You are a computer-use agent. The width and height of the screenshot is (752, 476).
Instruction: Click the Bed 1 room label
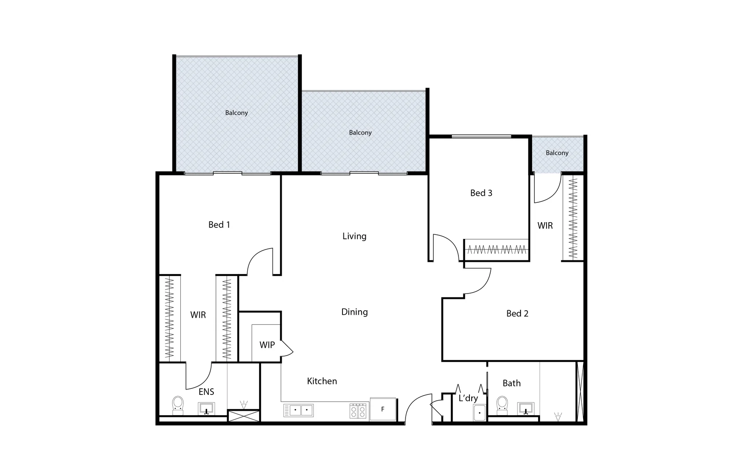pyautogui.click(x=219, y=225)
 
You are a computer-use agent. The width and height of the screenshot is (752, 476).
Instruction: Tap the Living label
pyautogui.click(x=354, y=236)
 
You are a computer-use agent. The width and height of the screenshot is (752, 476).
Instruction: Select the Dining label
pyautogui.click(x=354, y=312)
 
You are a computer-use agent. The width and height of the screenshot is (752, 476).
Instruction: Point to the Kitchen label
pyautogui.click(x=322, y=381)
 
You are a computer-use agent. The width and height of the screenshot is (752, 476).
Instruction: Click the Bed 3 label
pyautogui.click(x=481, y=193)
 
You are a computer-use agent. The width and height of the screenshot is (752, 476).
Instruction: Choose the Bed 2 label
pyautogui.click(x=517, y=314)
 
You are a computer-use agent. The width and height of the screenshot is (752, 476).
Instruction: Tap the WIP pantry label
pyautogui.click(x=267, y=345)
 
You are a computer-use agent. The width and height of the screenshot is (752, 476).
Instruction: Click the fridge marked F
pyautogui.click(x=383, y=409)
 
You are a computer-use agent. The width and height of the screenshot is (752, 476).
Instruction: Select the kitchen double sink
pyautogui.click(x=298, y=410)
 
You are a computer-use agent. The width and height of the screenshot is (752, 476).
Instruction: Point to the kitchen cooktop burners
pyautogui.click(x=358, y=411)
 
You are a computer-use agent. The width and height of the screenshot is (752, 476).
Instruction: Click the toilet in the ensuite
pyautogui.click(x=178, y=405)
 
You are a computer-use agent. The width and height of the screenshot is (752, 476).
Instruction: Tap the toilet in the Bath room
pyautogui.click(x=502, y=405)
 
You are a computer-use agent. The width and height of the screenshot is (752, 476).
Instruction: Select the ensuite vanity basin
pyautogui.click(x=206, y=408)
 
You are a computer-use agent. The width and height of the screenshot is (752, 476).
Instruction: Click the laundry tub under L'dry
pyautogui.click(x=479, y=413)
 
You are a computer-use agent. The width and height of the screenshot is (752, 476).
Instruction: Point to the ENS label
pyautogui.click(x=206, y=392)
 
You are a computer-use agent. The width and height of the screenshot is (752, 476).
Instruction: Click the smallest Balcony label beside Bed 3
pyautogui.click(x=557, y=153)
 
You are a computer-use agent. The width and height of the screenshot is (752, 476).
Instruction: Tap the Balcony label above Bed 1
pyautogui.click(x=237, y=113)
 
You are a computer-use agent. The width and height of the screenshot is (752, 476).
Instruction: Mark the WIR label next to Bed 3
pyautogui.click(x=545, y=226)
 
